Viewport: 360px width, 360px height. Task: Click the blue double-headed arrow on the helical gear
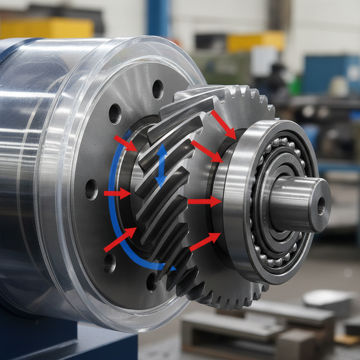161,165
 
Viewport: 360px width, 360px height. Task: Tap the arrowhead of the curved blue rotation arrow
172,268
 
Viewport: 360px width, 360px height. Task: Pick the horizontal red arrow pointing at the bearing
204,201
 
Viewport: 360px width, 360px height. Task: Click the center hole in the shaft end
321,206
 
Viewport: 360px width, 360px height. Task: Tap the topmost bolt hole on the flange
157,89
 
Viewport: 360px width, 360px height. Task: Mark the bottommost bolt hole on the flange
152,281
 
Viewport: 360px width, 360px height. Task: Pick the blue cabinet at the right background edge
330,77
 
